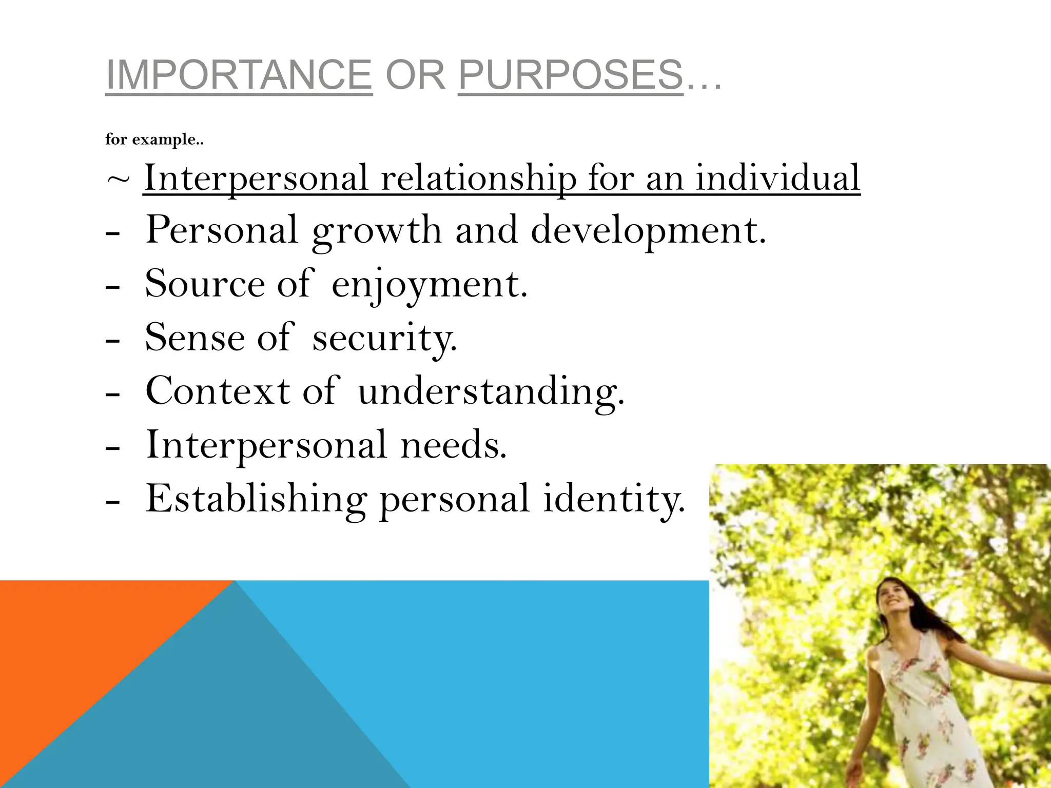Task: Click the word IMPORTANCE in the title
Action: click(239, 75)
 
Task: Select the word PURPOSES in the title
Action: click(570, 75)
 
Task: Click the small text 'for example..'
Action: click(154, 140)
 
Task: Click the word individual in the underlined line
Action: click(777, 178)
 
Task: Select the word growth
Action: click(377, 231)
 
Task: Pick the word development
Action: click(648, 231)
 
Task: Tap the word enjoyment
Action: click(429, 285)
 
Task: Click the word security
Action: click(384, 339)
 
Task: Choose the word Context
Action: click(218, 391)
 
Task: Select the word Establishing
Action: click(256, 499)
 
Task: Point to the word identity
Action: click(614, 499)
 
